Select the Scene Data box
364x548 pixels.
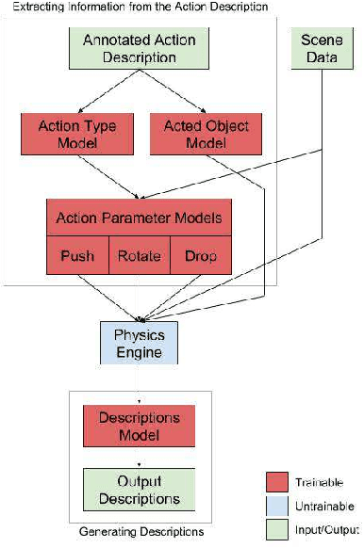pos(323,48)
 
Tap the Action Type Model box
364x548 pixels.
pos(72,134)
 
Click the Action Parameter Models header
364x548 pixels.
pos(139,218)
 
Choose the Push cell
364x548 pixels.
pos(77,255)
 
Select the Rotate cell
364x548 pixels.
pos(140,255)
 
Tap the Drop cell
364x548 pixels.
pos(201,255)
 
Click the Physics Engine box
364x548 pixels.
pos(139,344)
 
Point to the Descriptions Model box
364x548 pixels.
pos(139,426)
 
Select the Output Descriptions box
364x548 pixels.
pos(139,488)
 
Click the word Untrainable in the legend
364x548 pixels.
pos(325,507)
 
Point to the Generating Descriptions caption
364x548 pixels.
pos(140,532)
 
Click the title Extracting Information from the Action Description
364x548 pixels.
pos(137,8)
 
